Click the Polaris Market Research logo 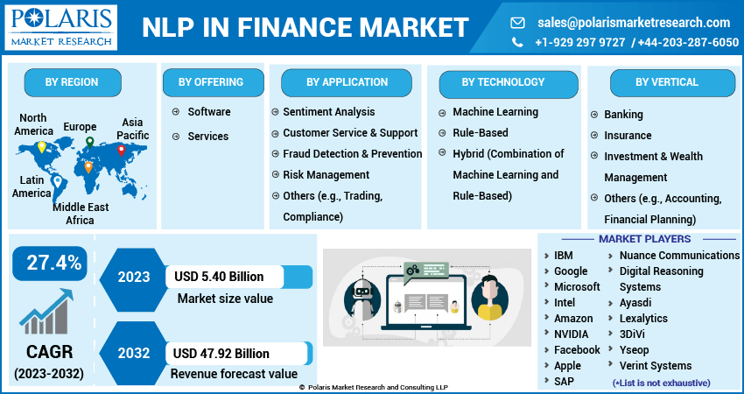(60, 27)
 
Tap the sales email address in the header (634, 22)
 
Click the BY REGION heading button (72, 82)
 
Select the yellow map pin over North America (42, 147)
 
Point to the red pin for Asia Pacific (121, 151)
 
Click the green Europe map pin (89, 142)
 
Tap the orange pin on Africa (88, 167)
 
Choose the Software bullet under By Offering (209, 112)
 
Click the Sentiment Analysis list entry (329, 112)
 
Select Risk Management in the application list (326, 175)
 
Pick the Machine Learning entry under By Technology (495, 112)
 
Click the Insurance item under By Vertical (628, 136)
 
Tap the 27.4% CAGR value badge (50, 263)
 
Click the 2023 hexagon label (134, 277)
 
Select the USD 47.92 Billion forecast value (221, 354)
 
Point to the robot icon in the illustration (362, 299)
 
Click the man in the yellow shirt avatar (489, 298)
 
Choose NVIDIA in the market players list (572, 334)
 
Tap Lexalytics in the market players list (643, 319)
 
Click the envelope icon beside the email (517, 22)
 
